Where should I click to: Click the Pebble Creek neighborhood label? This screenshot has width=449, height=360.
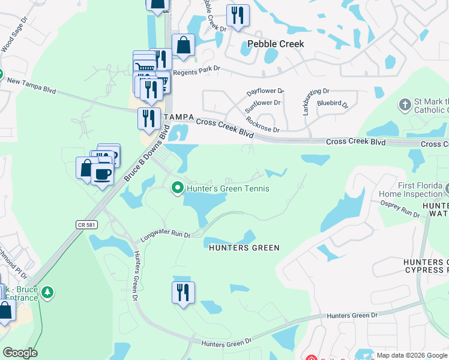[x=276, y=44]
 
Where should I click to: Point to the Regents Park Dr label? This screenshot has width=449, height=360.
[x=196, y=71]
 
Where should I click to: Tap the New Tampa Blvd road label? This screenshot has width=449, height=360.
[x=31, y=85]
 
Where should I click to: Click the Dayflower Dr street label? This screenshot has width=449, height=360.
[x=265, y=92]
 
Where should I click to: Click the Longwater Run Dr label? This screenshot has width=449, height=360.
[x=165, y=236]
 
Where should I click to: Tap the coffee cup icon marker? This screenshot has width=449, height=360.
[x=103, y=173]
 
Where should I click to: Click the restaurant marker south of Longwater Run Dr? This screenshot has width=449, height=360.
[x=183, y=292]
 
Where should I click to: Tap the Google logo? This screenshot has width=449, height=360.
[x=19, y=353]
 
